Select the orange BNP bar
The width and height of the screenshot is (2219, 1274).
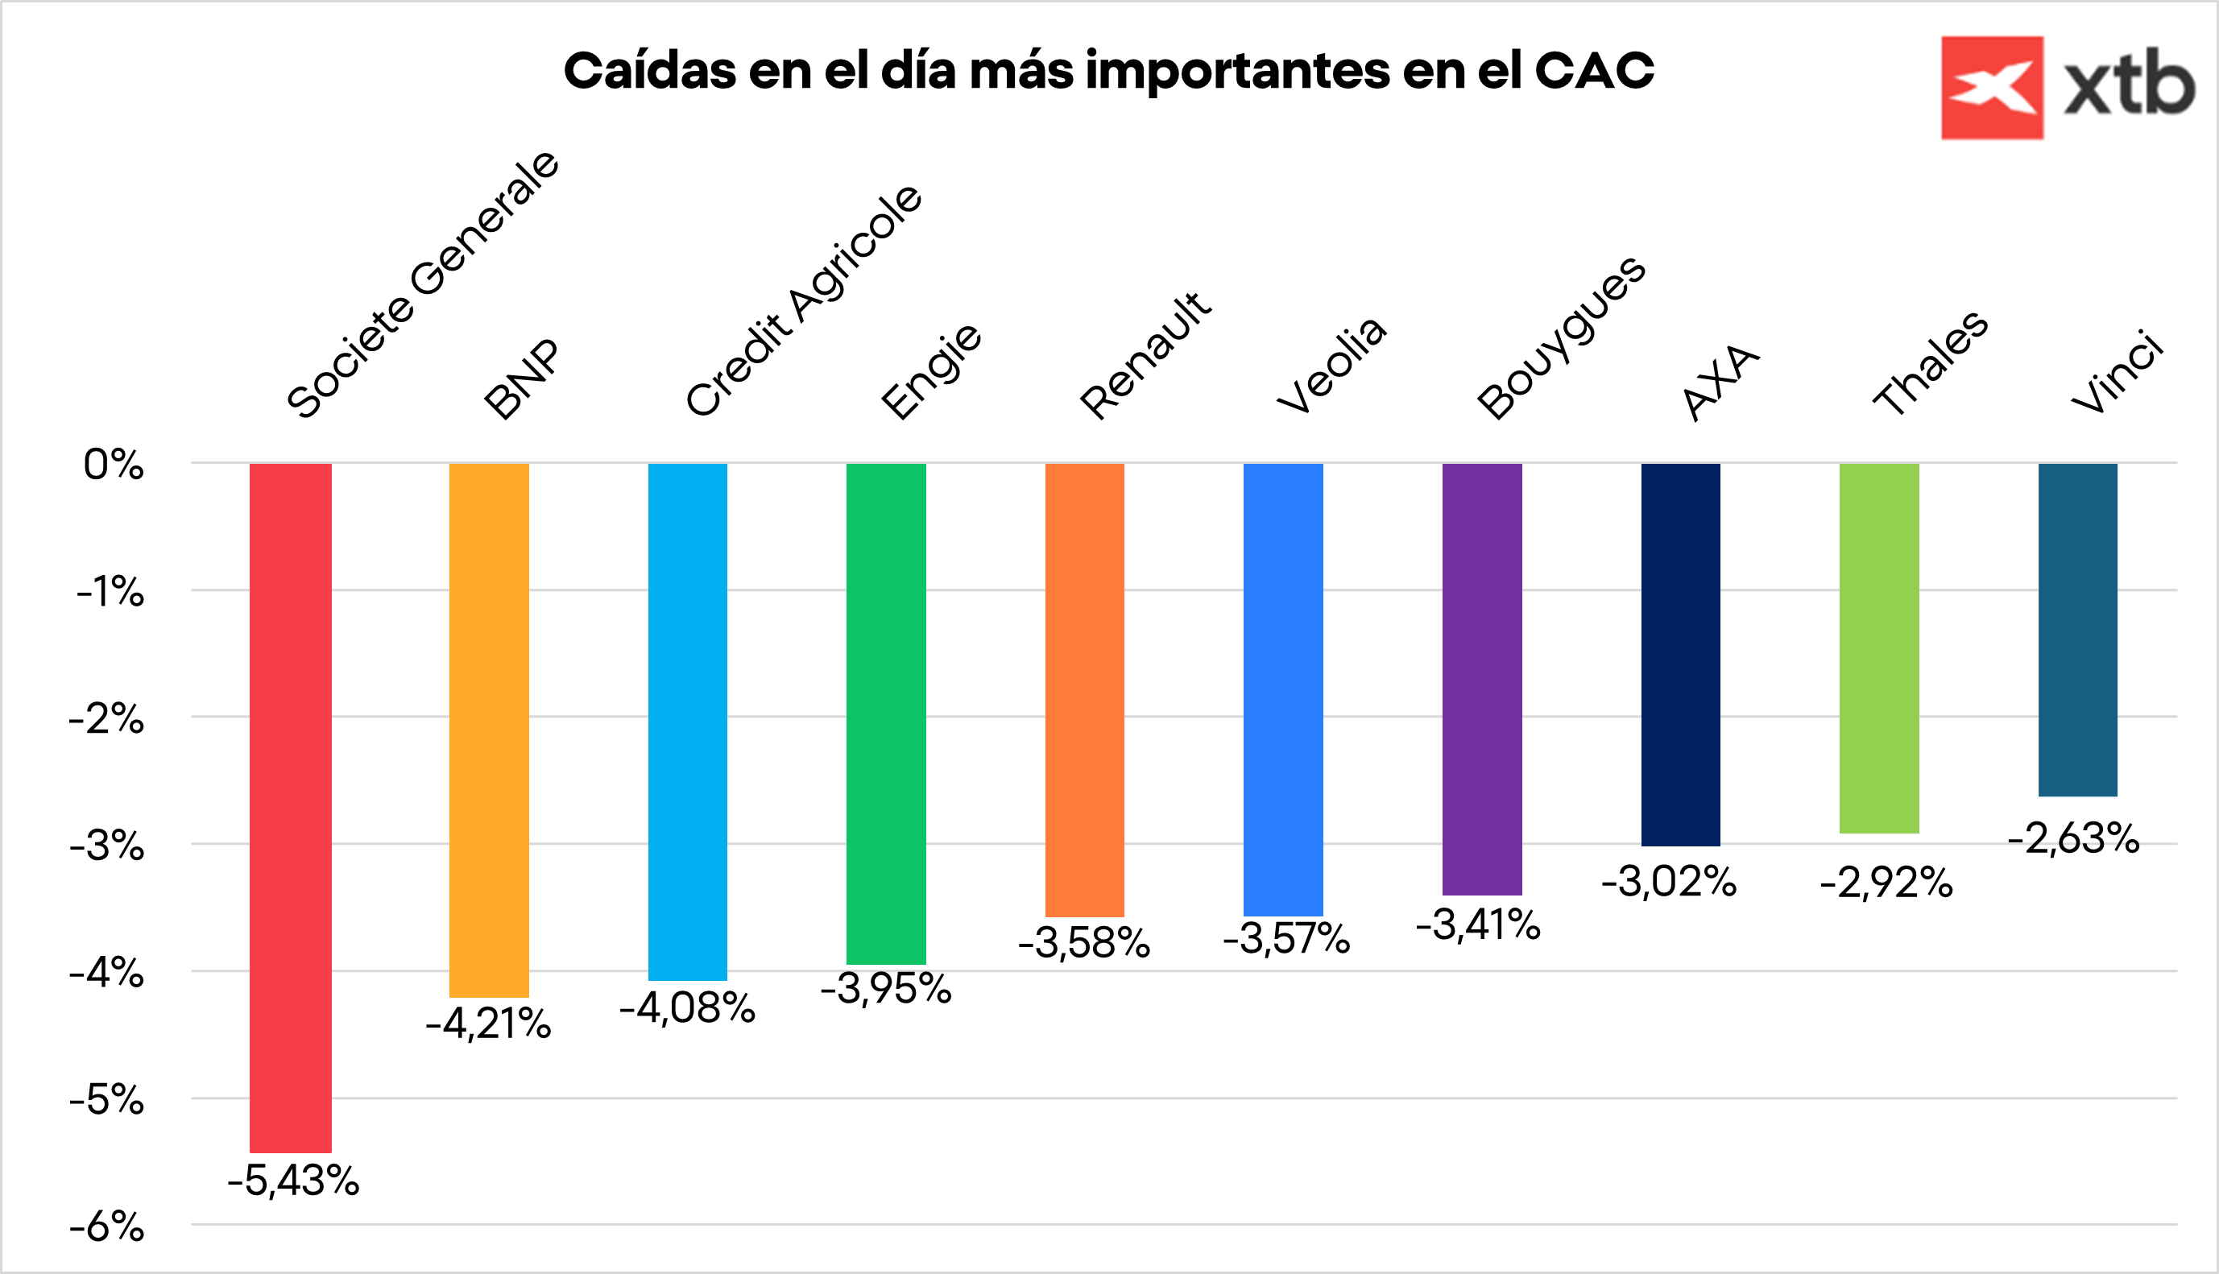click(x=489, y=730)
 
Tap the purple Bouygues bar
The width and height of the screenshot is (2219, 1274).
click(x=1481, y=679)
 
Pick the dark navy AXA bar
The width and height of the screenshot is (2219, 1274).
click(x=1680, y=655)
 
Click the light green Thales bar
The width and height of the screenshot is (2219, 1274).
click(x=1878, y=647)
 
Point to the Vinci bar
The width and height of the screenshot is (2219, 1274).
click(x=2077, y=630)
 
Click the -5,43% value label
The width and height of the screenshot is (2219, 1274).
click(x=293, y=1181)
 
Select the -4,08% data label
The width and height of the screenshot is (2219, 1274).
click(x=687, y=1008)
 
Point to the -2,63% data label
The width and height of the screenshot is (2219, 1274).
click(x=2073, y=838)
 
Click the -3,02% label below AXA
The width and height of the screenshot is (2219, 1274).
click(x=1669, y=881)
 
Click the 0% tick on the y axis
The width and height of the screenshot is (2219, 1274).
click(x=114, y=465)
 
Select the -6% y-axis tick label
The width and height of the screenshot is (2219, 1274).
click(x=107, y=1226)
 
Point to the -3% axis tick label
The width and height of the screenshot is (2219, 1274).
click(x=107, y=846)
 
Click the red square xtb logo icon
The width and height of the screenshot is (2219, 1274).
click(x=1992, y=88)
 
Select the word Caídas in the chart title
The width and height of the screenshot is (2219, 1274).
click(x=649, y=71)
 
